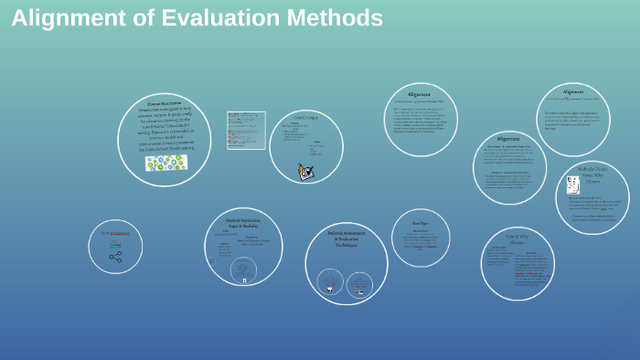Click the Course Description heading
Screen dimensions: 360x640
tap(165, 103)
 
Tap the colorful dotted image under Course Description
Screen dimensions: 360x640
tap(165, 163)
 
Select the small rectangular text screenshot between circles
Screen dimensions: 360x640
tap(246, 130)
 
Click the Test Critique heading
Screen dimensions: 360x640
tap(305, 118)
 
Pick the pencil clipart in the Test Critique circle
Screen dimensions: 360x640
tap(305, 171)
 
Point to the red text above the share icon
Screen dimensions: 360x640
tap(115, 235)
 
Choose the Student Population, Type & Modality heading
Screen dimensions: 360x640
tap(243, 222)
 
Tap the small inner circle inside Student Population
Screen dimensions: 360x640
tap(242, 269)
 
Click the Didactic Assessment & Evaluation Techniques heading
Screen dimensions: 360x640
tap(346, 238)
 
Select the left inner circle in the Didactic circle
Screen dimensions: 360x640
tap(330, 281)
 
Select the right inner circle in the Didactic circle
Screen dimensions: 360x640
tap(359, 281)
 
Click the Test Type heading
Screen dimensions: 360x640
tap(421, 223)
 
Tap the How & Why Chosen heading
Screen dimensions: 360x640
tap(517, 239)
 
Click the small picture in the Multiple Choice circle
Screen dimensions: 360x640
tap(573, 185)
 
